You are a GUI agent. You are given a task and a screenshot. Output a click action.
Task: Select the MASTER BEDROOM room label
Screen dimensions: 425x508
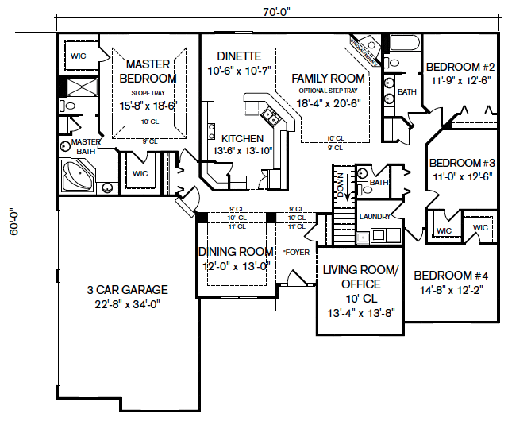(148, 71)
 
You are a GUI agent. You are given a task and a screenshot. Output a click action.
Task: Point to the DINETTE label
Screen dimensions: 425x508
(238, 56)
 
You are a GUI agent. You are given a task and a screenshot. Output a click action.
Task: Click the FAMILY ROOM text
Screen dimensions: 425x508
(328, 79)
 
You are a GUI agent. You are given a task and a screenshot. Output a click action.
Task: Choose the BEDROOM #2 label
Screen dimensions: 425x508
(460, 67)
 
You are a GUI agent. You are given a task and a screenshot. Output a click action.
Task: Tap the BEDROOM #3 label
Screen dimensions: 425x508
(462, 164)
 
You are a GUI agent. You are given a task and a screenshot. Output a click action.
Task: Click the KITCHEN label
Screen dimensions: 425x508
(242, 138)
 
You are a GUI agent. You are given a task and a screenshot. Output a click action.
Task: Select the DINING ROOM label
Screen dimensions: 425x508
(235, 253)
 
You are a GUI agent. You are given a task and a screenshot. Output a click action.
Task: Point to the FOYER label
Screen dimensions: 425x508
(296, 253)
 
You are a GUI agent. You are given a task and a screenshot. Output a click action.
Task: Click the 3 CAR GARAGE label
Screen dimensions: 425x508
(128, 290)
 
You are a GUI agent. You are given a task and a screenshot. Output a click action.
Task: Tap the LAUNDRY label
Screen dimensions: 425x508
(375, 216)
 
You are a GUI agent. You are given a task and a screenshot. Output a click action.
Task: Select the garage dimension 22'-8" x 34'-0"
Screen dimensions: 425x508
(128, 303)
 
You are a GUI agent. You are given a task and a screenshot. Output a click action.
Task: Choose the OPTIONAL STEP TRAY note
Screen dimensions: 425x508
(328, 91)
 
